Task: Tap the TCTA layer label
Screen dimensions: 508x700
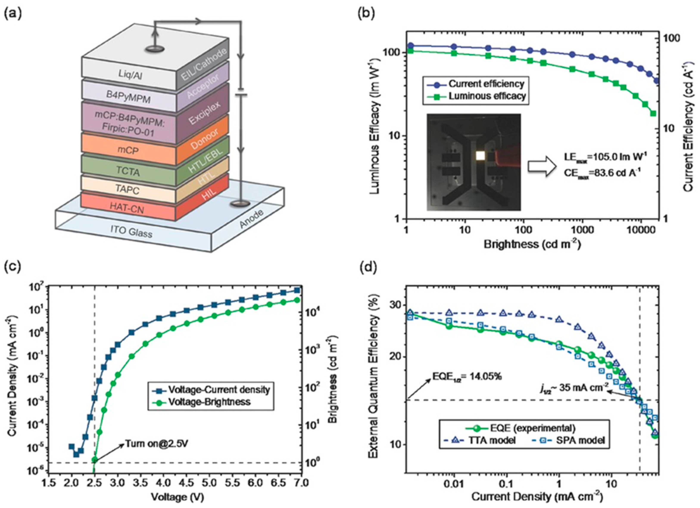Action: [128, 171]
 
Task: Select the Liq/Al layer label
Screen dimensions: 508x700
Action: [131, 74]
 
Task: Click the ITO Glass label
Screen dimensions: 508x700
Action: [131, 231]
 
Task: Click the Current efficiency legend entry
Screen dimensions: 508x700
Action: [486, 84]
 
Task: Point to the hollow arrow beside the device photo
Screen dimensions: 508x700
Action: [541, 166]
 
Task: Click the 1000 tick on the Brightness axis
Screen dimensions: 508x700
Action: [582, 231]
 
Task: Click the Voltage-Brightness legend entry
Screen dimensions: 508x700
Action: [209, 402]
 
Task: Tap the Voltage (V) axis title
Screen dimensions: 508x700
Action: [178, 497]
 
